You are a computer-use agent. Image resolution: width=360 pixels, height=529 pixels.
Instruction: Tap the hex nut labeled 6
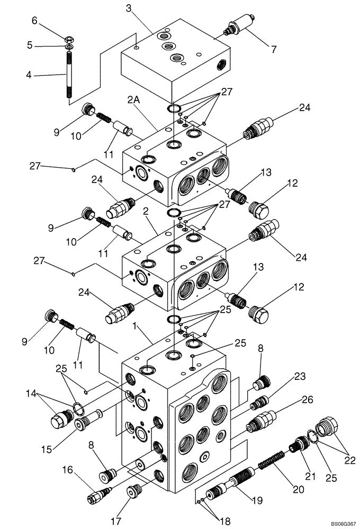pyautogui.click(x=69, y=39)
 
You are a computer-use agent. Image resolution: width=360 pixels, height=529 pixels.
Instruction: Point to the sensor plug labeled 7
pyautogui.click(x=239, y=27)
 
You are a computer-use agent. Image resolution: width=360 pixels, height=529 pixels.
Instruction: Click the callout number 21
pyautogui.click(x=310, y=477)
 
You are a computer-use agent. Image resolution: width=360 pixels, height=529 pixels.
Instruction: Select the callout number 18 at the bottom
pyautogui.click(x=225, y=522)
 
